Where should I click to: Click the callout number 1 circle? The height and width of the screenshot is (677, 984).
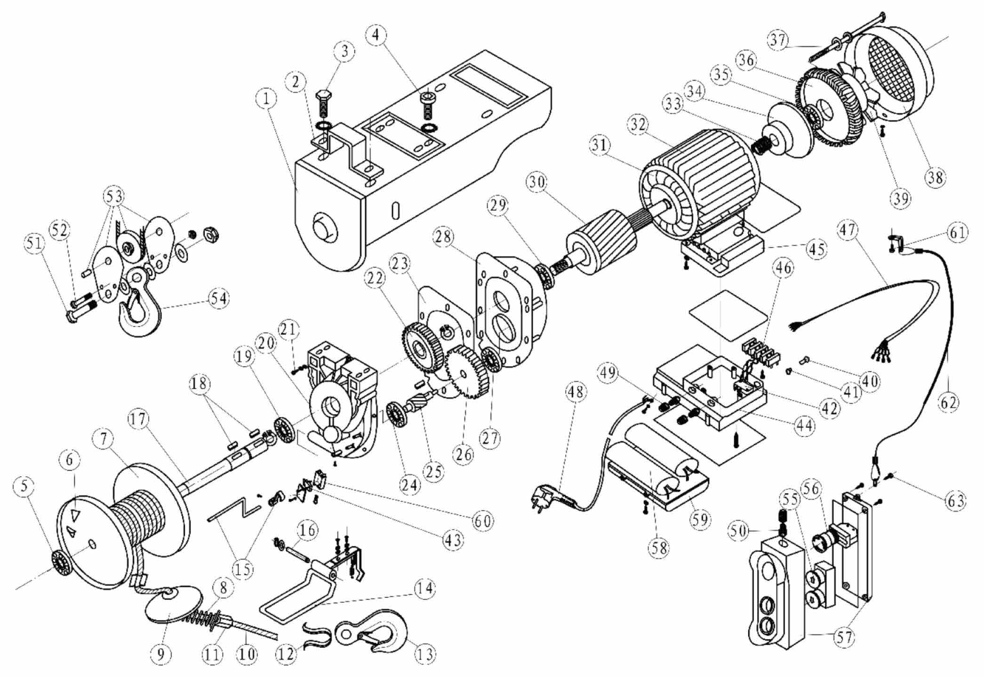[267, 99]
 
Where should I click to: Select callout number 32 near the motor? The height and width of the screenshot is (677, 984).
[639, 125]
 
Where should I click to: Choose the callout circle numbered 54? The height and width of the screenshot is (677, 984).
[218, 299]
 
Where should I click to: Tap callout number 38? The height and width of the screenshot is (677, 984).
[934, 177]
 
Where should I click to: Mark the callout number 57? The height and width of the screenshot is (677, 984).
[844, 638]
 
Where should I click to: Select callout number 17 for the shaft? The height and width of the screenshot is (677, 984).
[139, 419]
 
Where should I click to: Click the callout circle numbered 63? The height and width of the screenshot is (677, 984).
[955, 501]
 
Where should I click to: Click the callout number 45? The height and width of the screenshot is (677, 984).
[817, 249]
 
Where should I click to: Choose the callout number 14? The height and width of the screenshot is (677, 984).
[425, 588]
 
